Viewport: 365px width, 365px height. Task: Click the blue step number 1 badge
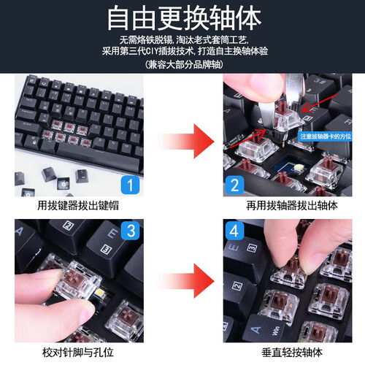[130, 185]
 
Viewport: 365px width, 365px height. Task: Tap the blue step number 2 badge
[234, 185]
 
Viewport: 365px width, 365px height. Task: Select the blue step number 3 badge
[131, 231]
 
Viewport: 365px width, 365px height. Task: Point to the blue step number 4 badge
[234, 231]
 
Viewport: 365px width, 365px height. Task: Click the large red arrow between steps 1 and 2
[188, 141]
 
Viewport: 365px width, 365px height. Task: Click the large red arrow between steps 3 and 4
[188, 281]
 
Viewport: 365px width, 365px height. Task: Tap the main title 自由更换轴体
[184, 19]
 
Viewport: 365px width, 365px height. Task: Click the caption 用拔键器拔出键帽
[78, 205]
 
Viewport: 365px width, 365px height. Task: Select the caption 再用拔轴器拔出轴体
[292, 205]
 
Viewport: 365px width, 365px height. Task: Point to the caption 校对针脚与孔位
[78, 353]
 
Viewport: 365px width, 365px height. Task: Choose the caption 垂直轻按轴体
[292, 353]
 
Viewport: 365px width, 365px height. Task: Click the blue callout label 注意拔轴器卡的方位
[326, 137]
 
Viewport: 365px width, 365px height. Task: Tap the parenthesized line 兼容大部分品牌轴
[184, 64]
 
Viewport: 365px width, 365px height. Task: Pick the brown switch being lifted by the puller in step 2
[287, 117]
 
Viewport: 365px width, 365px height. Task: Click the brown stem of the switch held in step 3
[74, 278]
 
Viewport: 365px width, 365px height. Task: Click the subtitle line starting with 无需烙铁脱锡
[184, 39]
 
